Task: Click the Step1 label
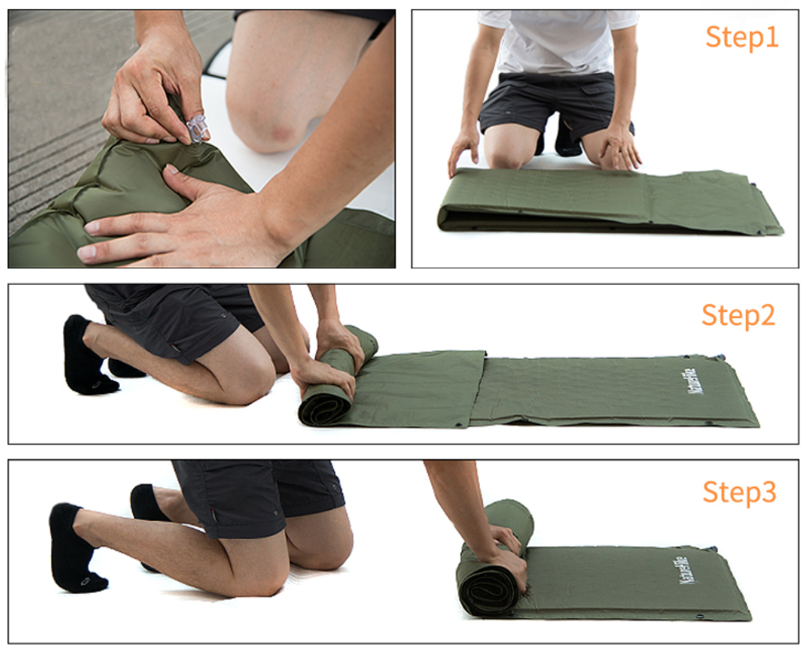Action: coord(742,37)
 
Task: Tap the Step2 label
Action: coord(738,315)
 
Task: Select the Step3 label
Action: coord(739,491)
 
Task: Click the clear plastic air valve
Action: coord(197,129)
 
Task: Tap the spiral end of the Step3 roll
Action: coord(486,589)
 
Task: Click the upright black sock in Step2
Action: coord(85,357)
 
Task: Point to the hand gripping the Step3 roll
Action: coord(510,556)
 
